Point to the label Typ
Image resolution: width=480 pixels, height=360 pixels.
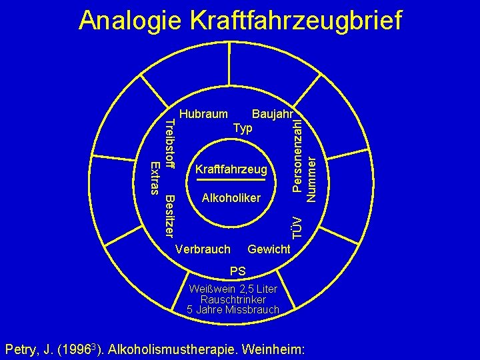[x=243, y=127]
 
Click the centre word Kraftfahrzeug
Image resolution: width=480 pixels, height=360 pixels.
[x=231, y=170]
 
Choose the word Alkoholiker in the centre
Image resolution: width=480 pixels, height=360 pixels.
[x=231, y=198]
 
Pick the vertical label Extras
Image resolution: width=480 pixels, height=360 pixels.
[x=155, y=177]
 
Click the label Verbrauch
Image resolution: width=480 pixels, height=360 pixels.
[x=202, y=249]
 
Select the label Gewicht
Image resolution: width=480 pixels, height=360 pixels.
[x=269, y=249]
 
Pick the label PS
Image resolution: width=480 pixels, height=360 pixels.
[x=237, y=271]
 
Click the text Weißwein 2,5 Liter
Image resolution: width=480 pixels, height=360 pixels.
[x=237, y=289]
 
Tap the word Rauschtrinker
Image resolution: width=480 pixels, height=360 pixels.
[x=237, y=299]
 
